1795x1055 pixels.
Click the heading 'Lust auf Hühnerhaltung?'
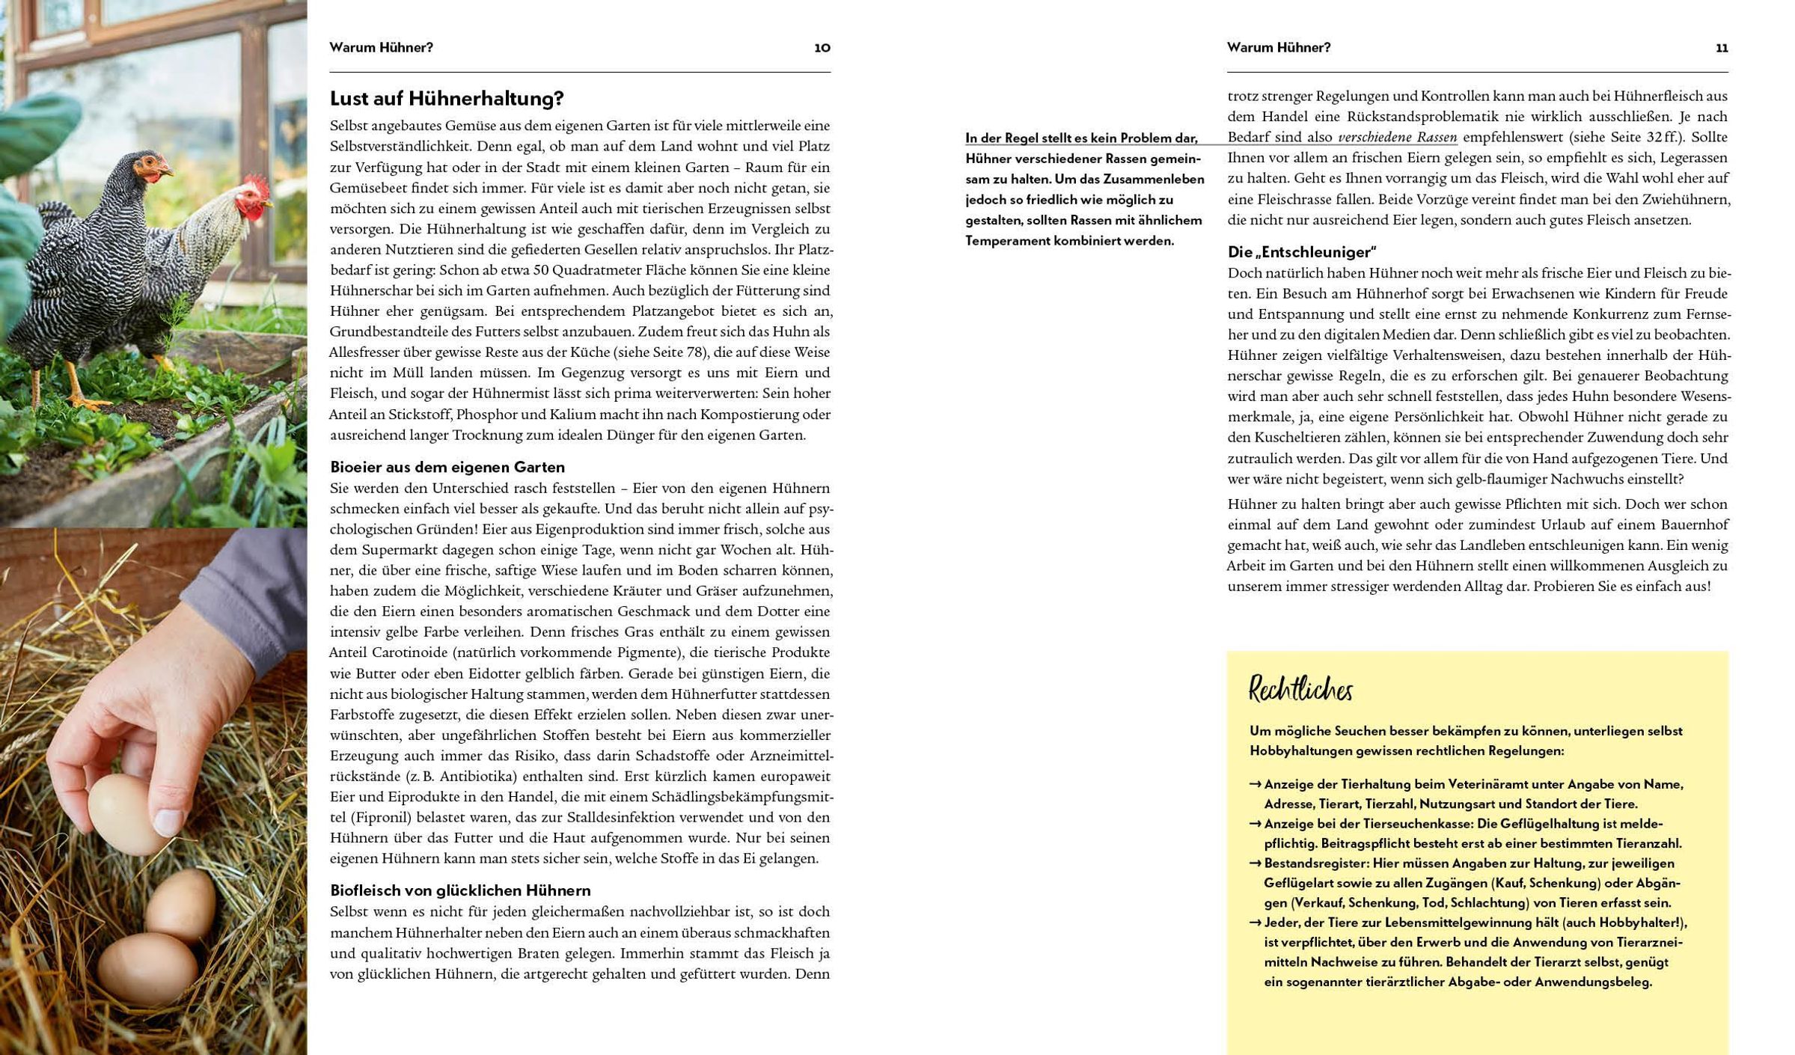pos(447,99)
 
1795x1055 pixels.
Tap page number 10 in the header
pos(822,48)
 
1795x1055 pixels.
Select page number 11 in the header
pos(1721,48)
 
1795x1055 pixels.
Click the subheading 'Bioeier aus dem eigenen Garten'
pos(447,468)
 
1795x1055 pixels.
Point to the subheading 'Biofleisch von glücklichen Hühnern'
pos(460,890)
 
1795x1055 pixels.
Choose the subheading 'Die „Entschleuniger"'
pos(1301,252)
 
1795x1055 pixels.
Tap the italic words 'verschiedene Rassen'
pos(1397,138)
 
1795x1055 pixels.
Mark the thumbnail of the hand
pos(169,822)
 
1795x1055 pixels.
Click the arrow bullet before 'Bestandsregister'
pos(1255,863)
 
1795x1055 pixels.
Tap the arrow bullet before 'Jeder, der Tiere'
pos(1255,923)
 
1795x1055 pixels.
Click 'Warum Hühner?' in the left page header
pos(381,48)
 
